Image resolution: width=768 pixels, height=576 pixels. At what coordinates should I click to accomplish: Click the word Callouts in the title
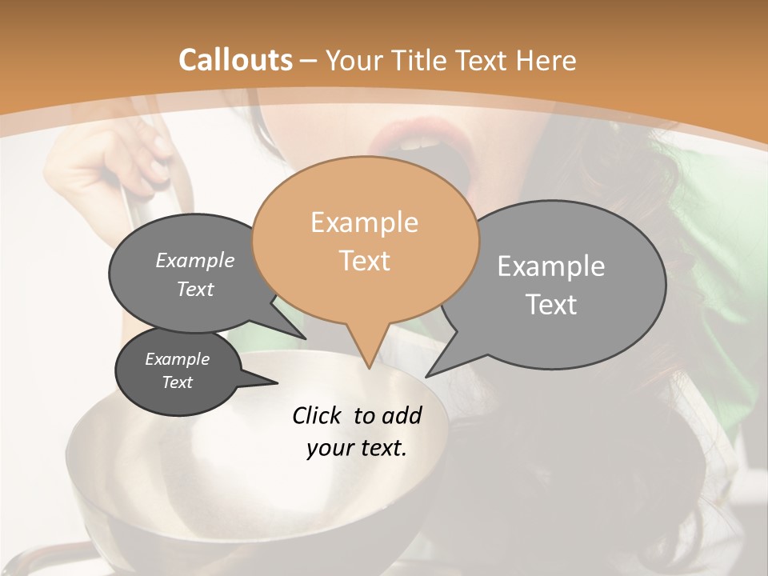click(x=235, y=60)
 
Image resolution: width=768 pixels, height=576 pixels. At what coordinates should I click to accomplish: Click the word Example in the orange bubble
click(x=364, y=222)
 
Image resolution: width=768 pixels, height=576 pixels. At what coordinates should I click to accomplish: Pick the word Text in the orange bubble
click(x=364, y=261)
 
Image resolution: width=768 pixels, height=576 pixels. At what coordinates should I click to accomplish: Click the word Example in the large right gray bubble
click(x=551, y=266)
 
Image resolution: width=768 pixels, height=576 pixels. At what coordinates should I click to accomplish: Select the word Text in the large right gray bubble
click(x=551, y=305)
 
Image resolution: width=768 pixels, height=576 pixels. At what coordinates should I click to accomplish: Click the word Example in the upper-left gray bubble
click(x=194, y=261)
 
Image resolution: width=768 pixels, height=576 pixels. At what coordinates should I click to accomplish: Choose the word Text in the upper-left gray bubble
click(x=194, y=290)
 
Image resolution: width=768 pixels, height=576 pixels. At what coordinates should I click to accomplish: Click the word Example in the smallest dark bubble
click(x=177, y=359)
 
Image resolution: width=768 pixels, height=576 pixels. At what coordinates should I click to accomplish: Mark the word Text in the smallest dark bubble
click(x=177, y=382)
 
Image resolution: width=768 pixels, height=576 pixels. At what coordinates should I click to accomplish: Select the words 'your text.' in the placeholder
click(x=357, y=448)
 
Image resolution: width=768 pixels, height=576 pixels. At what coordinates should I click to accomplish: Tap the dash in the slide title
click(x=309, y=60)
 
